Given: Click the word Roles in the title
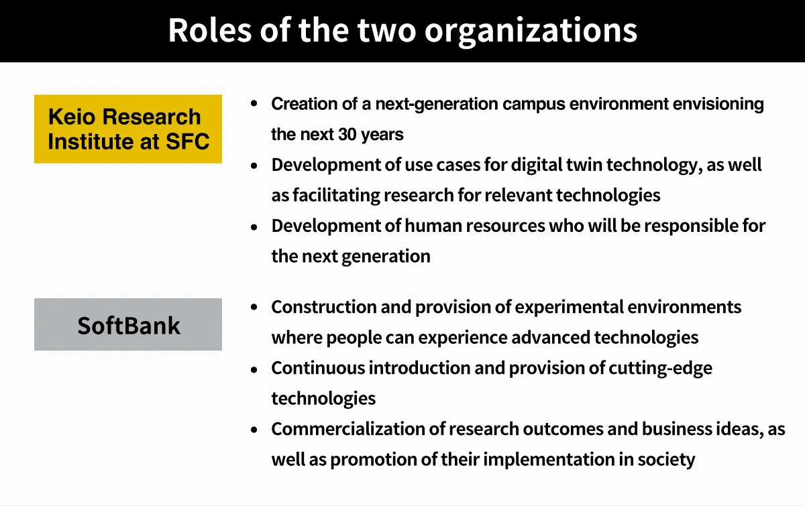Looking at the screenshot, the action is coord(210,30).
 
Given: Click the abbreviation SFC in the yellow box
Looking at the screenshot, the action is coord(187,141).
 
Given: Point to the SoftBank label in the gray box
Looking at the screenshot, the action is coord(129,326).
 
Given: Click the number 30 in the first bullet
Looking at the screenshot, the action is coord(347,134).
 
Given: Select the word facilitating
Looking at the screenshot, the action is coord(336,195).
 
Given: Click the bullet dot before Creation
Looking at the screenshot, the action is coord(254,104).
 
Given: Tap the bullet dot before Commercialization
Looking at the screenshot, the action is coord(254,430).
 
